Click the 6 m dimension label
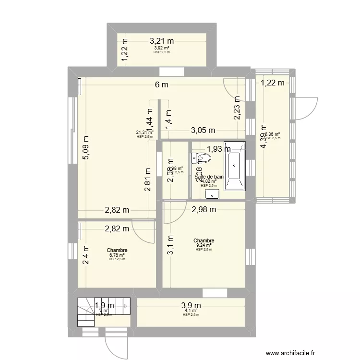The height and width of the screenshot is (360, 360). pos(161,85)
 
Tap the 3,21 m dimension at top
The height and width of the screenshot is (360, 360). pos(161,41)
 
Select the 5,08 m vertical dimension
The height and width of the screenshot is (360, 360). pos(85,150)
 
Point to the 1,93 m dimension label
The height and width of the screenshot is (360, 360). pos(219,149)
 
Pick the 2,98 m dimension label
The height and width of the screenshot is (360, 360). pos(204,209)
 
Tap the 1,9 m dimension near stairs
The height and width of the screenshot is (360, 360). pos(104,305)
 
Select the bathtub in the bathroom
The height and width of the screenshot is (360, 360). pos(235,166)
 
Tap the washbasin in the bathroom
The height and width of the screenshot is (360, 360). pos(212,194)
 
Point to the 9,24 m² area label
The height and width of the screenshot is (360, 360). pos(204,245)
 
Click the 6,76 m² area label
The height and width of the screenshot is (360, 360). pos(117,255)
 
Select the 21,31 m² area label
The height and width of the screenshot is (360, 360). pos(144,133)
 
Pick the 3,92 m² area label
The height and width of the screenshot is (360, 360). pos(161,48)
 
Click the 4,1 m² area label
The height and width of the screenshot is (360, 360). pos(191,311)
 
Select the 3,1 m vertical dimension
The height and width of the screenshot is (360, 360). pos(170,244)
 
